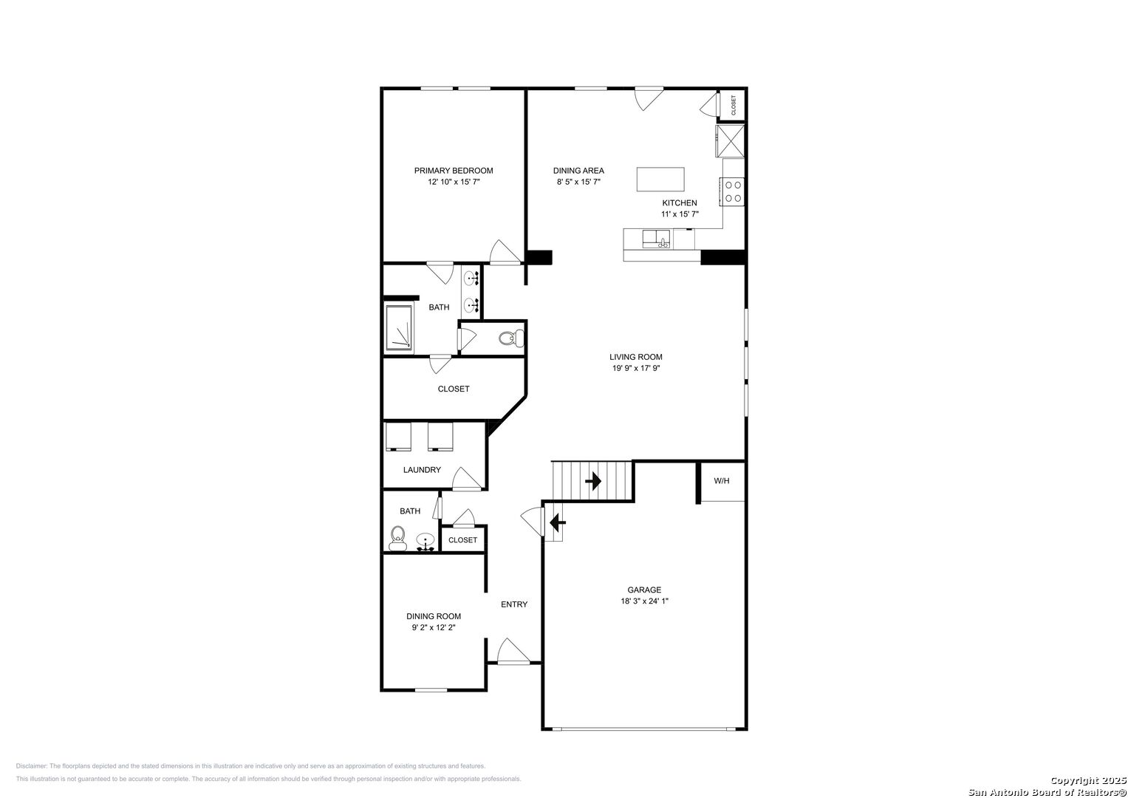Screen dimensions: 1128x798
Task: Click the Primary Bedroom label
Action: [454, 171]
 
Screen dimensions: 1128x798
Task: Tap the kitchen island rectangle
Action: [660, 180]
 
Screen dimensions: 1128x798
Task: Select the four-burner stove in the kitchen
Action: [732, 192]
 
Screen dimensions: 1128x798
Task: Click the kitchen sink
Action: [656, 239]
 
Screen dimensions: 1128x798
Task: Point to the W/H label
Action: [721, 481]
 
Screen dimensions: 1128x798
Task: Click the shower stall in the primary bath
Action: [399, 327]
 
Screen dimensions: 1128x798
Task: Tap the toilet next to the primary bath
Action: [511, 338]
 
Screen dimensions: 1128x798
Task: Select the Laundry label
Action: [422, 470]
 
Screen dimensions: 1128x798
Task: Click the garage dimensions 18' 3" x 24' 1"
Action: [644, 601]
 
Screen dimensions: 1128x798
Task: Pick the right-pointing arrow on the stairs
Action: [593, 481]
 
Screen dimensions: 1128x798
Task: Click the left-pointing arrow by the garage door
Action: [558, 522]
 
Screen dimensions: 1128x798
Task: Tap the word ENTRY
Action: [514, 604]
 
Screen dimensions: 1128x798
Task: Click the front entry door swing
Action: [513, 651]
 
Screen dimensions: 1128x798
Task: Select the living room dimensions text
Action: [636, 368]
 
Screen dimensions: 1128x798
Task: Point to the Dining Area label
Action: [578, 171]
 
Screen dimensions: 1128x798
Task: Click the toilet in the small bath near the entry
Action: [398, 539]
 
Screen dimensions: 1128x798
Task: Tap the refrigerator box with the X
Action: [730, 141]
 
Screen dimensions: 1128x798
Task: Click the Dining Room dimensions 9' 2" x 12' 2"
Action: [434, 628]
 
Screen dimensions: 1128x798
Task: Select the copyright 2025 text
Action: [1087, 780]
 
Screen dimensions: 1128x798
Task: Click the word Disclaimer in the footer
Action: [31, 766]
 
